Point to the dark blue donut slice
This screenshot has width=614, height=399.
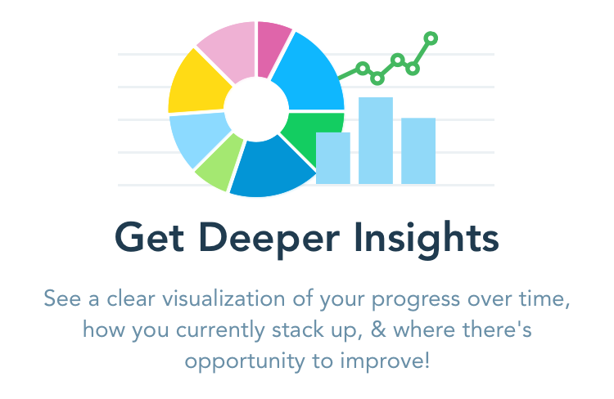(x=270, y=168)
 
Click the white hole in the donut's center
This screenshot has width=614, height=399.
(x=256, y=109)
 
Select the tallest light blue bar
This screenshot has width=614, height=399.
(x=376, y=141)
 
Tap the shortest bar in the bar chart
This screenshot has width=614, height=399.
(x=333, y=158)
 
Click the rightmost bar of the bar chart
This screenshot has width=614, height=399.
(x=418, y=150)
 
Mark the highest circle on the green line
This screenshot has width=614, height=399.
(x=431, y=38)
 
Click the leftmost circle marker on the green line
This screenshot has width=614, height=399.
(x=363, y=69)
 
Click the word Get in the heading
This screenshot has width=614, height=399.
(x=149, y=237)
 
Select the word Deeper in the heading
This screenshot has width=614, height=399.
(x=269, y=240)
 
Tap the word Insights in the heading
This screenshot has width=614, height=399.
(x=426, y=240)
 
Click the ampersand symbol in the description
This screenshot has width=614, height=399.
(x=378, y=330)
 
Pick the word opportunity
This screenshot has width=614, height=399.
(x=245, y=362)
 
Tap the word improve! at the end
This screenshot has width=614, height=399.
(x=385, y=361)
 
